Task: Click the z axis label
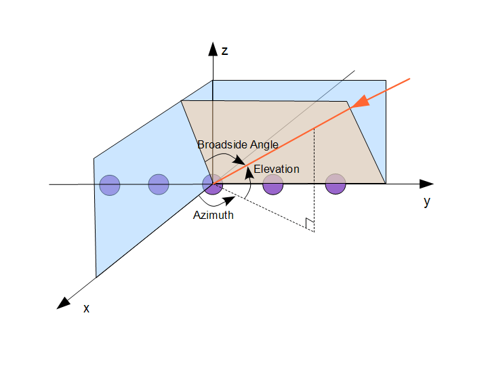point(225,51)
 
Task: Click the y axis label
point(427,202)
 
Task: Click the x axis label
point(86,308)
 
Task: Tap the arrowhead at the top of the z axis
point(213,49)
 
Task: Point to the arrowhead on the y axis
point(426,184)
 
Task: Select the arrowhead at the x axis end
point(64,304)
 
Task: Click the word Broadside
point(222,145)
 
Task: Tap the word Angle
point(264,145)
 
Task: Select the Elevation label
point(277,169)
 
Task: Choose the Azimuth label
point(213,215)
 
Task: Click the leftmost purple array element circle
point(110,185)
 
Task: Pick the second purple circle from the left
point(159,184)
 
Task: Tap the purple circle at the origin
point(213,184)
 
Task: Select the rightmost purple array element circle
point(335,184)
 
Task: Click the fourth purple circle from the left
point(273,184)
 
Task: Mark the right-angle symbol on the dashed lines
point(310,225)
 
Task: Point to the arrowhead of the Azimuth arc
point(230,201)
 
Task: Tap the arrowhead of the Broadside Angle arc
point(239,160)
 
